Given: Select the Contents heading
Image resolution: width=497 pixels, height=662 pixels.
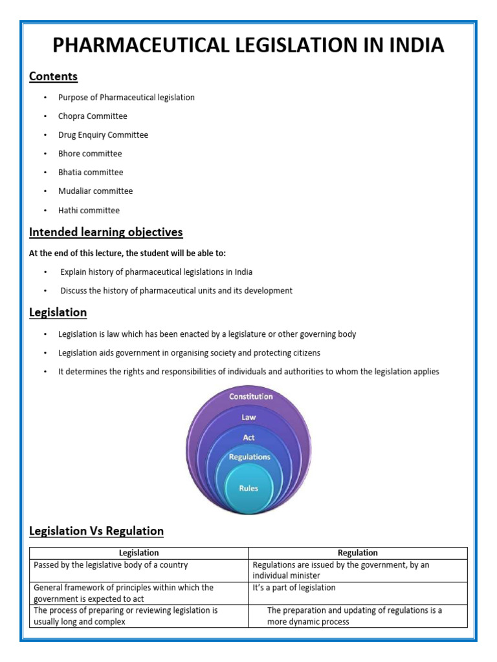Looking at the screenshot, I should pos(53,76).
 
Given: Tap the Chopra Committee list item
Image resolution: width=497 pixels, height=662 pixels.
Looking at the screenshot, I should pos(93,116).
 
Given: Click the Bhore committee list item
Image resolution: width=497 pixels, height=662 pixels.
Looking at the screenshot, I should pos(90,154).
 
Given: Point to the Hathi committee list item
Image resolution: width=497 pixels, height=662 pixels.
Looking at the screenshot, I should pos(89,210).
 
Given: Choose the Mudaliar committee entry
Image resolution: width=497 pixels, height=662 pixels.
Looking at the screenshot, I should pos(95,191).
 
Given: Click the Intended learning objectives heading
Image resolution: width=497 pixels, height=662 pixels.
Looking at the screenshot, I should pos(106,232).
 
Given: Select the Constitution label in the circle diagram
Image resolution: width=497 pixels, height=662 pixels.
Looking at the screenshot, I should pos(251,396).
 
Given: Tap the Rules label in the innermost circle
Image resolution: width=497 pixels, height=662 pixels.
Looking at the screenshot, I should pos(248,488).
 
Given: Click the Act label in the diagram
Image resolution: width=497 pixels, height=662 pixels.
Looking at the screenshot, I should pos(249,438).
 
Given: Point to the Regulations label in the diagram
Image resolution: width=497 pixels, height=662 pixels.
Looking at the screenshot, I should pos(250,457).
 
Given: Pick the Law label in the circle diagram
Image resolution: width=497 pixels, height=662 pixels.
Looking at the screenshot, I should pos(249,418).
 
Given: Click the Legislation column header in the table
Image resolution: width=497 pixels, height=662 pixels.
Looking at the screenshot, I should pos(139,553).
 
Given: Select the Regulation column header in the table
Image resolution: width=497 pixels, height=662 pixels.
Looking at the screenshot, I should pos(358,553).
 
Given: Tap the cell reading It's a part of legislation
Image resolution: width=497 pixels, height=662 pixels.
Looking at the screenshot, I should pos(294,588).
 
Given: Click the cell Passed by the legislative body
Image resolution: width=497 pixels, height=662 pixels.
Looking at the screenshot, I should pos(111,565).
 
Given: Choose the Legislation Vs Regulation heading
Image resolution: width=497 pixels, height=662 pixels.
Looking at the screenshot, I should pos(96,531).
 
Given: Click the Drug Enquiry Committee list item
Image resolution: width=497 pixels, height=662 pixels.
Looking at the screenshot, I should pos(103,135).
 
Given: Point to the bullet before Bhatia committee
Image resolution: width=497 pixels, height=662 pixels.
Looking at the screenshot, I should pos(45,173).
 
